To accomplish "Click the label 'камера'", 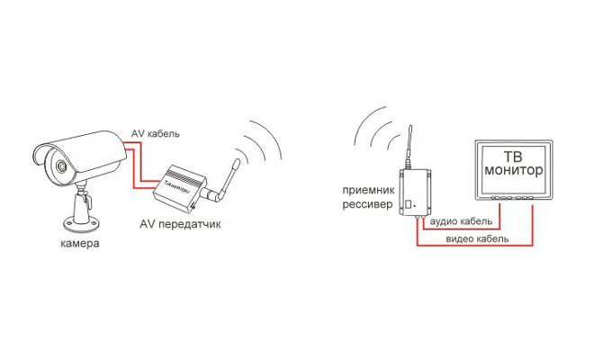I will tap(79, 244).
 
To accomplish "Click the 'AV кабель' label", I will tap(156, 134).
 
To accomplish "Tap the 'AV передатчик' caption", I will tap(181, 223).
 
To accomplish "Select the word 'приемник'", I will tap(364, 191).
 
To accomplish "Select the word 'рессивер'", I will tap(364, 204).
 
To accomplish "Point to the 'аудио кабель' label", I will tap(461, 221).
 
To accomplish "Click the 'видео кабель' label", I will tap(477, 239).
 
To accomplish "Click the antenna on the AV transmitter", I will tap(228, 175).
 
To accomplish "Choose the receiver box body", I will tap(415, 192).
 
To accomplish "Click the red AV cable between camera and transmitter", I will tap(137, 171).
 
